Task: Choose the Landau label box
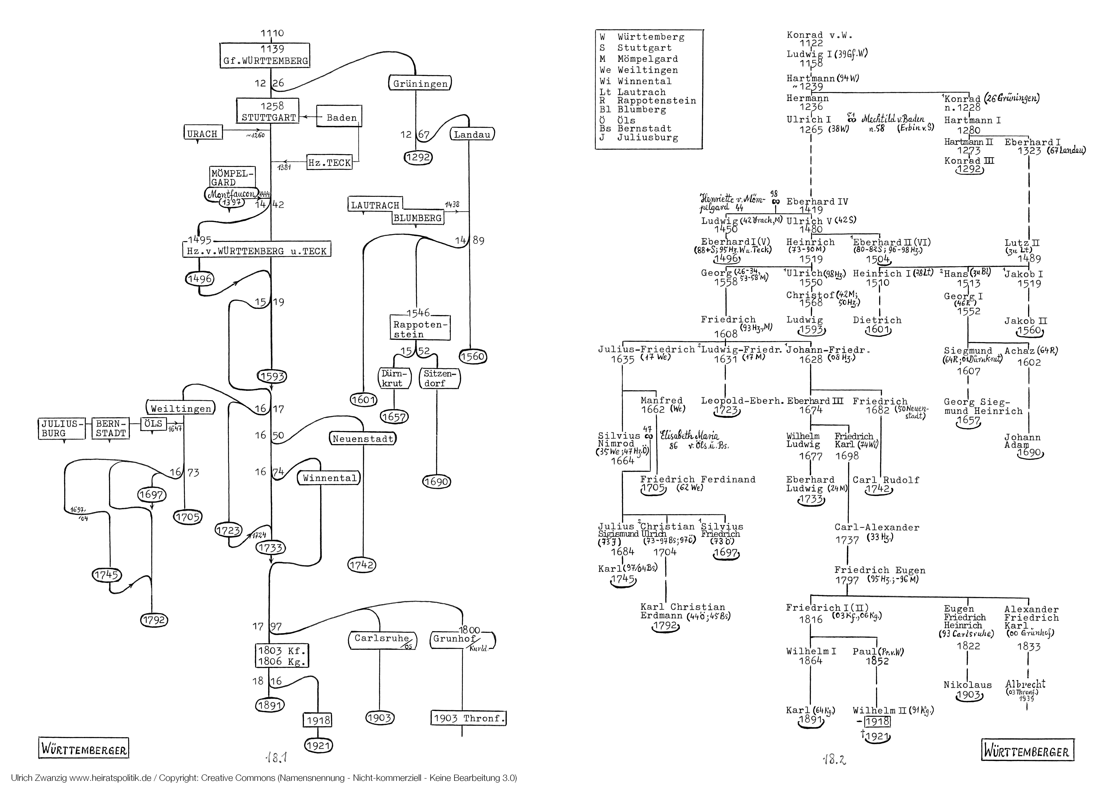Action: pyautogui.click(x=472, y=134)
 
